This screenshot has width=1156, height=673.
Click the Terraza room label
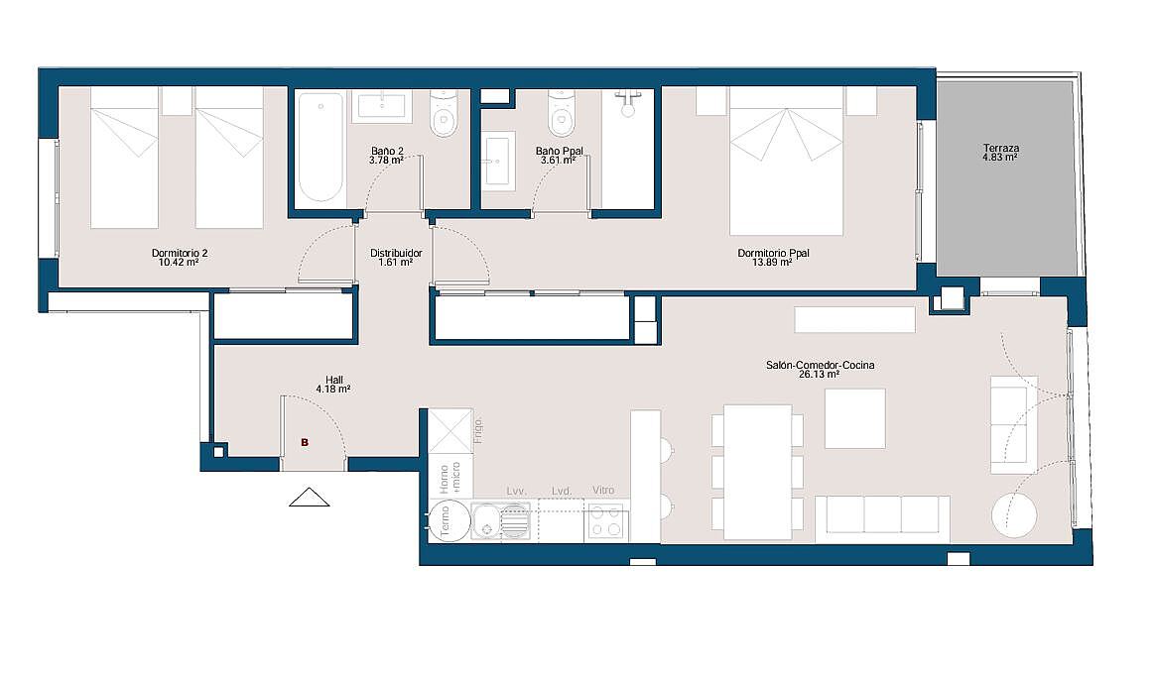tap(1000, 148)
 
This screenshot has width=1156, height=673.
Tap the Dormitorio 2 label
tap(180, 254)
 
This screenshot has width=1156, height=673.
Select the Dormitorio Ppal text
tap(773, 254)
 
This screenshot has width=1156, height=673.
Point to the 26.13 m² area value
tap(819, 374)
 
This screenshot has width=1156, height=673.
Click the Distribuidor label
tap(396, 254)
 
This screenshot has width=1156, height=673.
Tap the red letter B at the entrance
tap(305, 442)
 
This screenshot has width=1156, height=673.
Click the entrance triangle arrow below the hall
tap(309, 497)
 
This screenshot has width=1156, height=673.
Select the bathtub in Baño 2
tap(321, 147)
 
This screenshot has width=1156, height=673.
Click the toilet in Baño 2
tap(444, 114)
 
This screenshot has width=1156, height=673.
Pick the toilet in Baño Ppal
tap(561, 114)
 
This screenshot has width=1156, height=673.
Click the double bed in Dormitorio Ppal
tap(786, 162)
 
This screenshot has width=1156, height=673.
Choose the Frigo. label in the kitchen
tap(477, 431)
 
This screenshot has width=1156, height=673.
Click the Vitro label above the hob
tap(603, 491)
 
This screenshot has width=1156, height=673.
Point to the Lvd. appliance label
tap(562, 491)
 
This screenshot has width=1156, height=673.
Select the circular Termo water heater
tap(449, 520)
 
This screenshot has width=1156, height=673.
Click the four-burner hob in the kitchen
tap(606, 522)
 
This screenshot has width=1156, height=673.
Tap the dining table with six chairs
tap(758, 472)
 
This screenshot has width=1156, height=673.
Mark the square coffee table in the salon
tap(855, 418)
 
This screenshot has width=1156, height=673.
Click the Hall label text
tap(334, 380)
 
